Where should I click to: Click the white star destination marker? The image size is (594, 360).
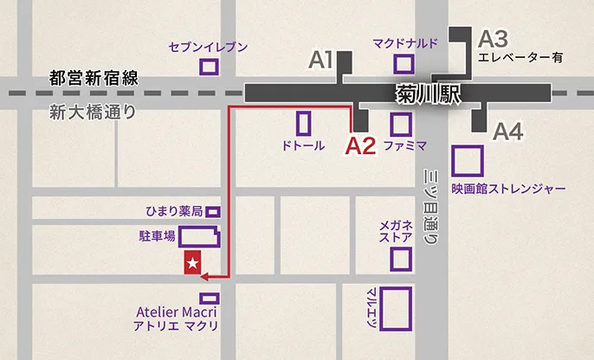[193, 261]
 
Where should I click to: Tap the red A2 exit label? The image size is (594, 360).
[360, 145]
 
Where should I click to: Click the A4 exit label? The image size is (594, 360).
[508, 132]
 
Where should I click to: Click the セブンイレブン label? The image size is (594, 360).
[209, 47]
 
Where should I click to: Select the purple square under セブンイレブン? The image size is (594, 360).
[209, 67]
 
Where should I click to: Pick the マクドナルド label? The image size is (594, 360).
[406, 42]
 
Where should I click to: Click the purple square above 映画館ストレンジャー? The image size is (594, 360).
[468, 161]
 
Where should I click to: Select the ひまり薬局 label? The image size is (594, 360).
[174, 211]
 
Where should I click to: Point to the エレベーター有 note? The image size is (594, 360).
[520, 59]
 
